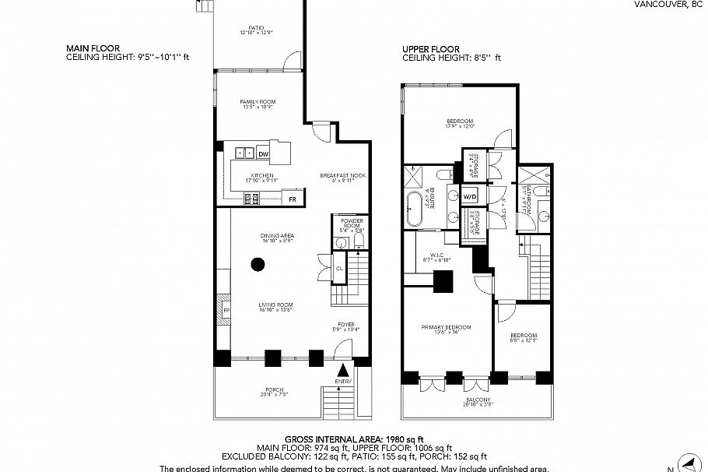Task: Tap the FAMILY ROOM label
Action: tap(257, 102)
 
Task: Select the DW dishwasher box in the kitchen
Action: tap(263, 154)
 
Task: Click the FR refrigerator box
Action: tap(293, 200)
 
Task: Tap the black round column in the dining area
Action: tap(257, 265)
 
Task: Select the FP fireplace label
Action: tap(226, 310)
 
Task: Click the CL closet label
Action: tap(338, 269)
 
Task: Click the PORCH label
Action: tap(272, 389)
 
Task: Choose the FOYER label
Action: tap(346, 326)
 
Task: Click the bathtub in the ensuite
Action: tap(415, 207)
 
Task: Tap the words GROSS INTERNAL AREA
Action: tap(331, 439)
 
